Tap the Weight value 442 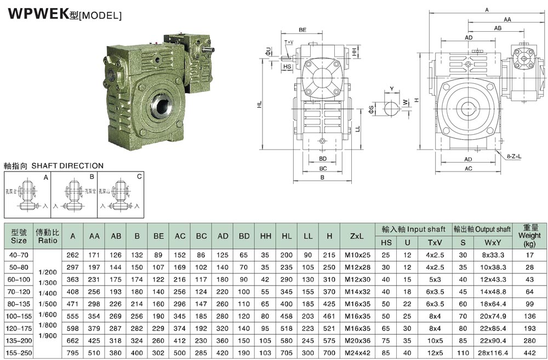tap(529, 353)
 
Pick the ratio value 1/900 tap(47, 335)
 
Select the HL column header tap(287, 236)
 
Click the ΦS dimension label tap(371, 109)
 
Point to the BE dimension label tap(302, 30)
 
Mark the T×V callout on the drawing tap(289, 42)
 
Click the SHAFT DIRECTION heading tap(54, 165)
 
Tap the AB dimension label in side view tap(498, 27)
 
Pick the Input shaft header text tap(412, 229)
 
